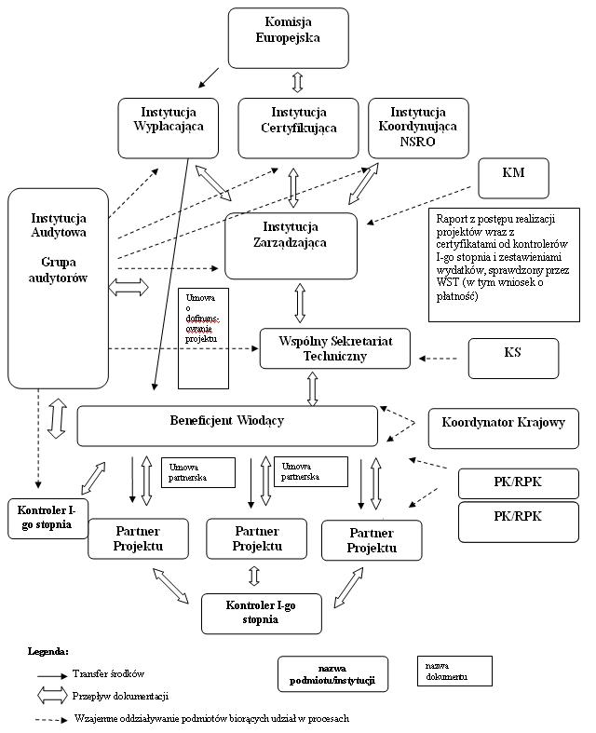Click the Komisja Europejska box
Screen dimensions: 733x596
pos(288,37)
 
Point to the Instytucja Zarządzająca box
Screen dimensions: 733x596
pos(291,245)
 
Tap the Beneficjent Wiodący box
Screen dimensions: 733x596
pos(227,425)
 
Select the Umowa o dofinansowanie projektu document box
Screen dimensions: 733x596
pos(203,339)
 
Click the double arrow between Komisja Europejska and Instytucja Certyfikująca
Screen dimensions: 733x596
pos(298,82)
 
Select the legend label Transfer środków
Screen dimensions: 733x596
pos(108,673)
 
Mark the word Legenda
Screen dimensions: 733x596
pos(48,650)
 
